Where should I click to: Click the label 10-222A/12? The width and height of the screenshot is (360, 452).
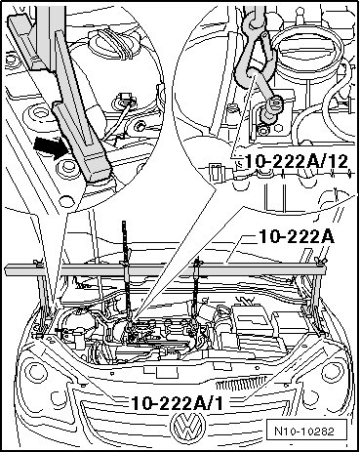point(297,161)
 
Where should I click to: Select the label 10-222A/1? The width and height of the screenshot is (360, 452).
point(178,403)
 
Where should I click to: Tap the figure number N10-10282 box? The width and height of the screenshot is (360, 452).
point(304,431)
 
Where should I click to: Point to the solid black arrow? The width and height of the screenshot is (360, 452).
point(51,147)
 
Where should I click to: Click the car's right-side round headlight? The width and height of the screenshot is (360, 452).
point(333,371)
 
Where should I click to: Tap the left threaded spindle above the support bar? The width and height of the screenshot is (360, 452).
point(124,242)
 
